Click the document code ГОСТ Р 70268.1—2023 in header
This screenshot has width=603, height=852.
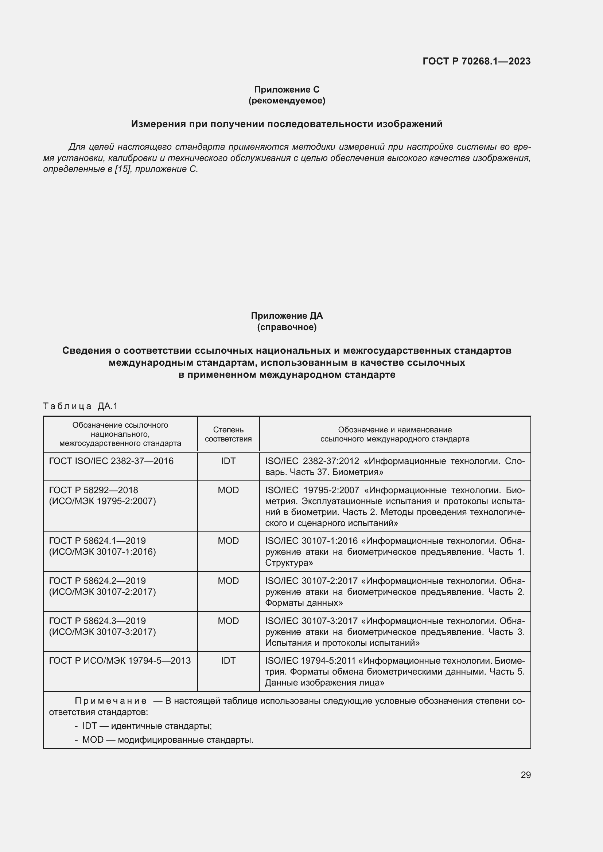[476, 61]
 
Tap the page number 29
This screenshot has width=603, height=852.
[525, 775]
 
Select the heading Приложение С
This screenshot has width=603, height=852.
[287, 90]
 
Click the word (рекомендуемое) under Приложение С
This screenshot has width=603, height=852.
[287, 101]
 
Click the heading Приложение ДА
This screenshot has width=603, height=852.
[287, 316]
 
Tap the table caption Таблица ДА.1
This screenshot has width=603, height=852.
[80, 406]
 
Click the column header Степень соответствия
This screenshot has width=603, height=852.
[228, 434]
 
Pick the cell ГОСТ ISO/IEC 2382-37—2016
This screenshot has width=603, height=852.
[111, 461]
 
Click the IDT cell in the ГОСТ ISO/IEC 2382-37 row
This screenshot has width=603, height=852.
[228, 461]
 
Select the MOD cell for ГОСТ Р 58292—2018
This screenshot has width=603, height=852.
[228, 490]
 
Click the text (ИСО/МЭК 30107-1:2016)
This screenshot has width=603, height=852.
[102, 552]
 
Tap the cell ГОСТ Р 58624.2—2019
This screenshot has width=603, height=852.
[97, 581]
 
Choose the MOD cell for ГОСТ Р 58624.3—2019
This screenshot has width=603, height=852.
[228, 621]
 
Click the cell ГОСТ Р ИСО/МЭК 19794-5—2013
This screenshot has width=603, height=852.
[120, 660]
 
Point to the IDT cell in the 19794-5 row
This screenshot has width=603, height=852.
[228, 660]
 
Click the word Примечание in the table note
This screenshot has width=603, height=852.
[111, 701]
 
